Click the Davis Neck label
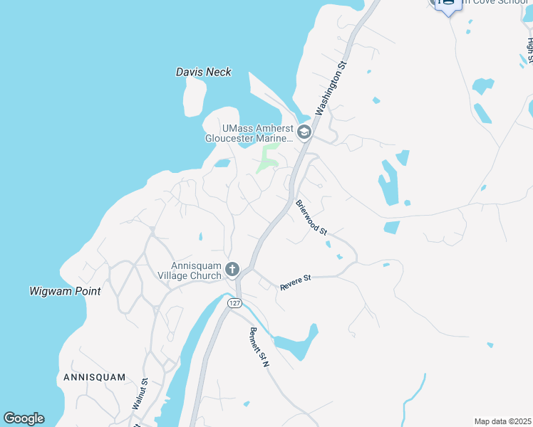pos(204,72)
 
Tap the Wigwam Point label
pos(65,291)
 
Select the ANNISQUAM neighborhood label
pos(94,377)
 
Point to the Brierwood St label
pos(311,217)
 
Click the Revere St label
pos(296,283)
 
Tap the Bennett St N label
pos(259,347)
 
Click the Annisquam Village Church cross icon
pos(232,269)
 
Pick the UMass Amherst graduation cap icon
pos(304,132)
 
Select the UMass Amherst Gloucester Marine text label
pos(248,133)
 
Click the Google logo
pos(24,418)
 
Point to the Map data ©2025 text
pos(502,421)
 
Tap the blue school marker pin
pos(447,5)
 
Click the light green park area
pos(268,158)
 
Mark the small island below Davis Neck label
pos(195,96)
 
